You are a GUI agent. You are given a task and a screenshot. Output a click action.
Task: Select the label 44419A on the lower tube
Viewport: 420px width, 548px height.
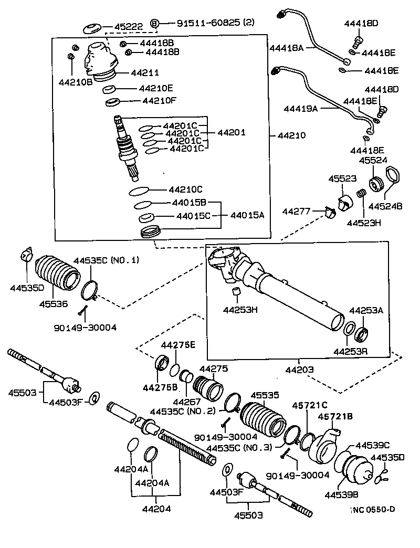(301, 109)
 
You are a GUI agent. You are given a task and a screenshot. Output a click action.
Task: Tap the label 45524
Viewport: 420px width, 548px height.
(373, 161)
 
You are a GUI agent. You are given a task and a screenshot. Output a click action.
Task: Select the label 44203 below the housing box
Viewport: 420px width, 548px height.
(299, 370)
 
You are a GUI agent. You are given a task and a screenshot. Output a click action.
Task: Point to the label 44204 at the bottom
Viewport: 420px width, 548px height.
(156, 508)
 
